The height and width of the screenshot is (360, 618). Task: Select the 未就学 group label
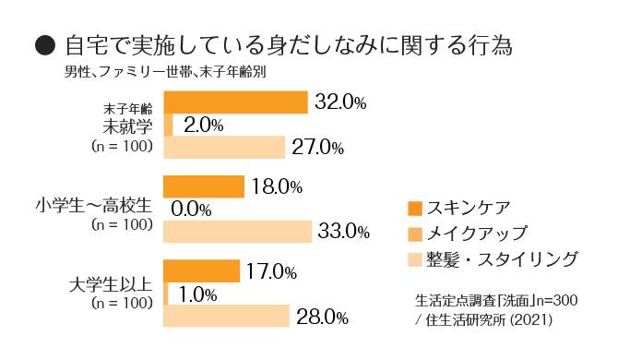124,126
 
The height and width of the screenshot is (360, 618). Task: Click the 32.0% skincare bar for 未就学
234,102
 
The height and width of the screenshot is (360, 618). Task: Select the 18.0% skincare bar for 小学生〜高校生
203,186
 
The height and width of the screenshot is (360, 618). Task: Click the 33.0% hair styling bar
237,231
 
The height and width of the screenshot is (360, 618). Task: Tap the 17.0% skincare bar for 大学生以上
201,271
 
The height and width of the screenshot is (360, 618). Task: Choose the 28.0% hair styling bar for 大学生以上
226,317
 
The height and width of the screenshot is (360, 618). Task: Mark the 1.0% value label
197,294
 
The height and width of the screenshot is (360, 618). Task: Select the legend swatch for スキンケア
414,208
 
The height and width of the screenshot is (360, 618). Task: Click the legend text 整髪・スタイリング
503,258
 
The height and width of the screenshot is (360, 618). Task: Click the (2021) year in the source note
531,318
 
